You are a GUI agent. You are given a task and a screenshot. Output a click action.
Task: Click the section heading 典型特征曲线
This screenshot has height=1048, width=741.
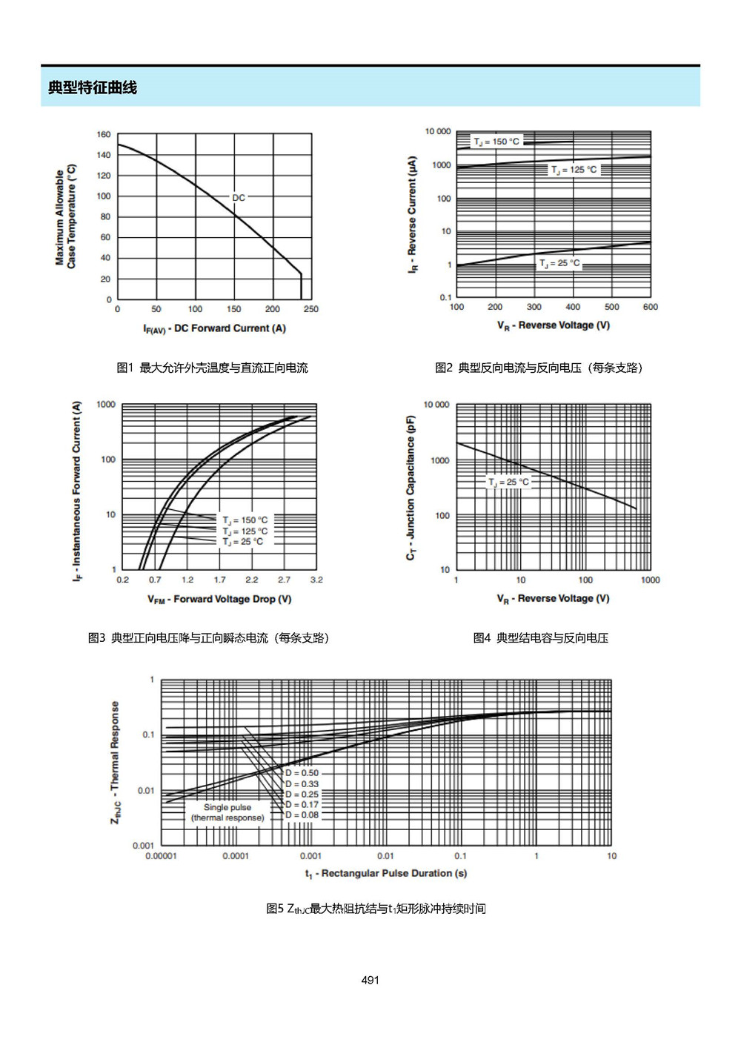point(92,87)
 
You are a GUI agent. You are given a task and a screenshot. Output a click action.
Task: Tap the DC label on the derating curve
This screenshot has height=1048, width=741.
point(239,198)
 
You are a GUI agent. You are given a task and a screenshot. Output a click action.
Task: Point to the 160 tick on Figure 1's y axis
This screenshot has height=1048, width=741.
point(104,135)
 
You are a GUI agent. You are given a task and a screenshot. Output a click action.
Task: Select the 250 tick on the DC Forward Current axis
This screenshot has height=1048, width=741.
point(311,309)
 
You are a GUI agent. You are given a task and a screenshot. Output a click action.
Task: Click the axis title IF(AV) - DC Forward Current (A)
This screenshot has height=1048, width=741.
point(214,329)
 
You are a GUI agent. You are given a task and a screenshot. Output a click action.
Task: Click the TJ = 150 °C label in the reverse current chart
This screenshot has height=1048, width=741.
point(496,142)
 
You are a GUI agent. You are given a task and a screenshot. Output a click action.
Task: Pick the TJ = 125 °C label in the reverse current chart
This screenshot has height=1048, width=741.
point(574,170)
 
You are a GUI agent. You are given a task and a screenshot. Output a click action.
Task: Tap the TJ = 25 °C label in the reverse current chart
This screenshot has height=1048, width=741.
point(559,263)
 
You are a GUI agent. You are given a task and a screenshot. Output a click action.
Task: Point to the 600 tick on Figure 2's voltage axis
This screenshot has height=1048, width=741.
point(651,307)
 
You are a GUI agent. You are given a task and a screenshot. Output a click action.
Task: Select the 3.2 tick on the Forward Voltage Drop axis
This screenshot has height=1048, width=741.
point(316,580)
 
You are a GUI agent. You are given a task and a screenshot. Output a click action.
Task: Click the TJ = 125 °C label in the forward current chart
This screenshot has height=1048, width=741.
point(245,531)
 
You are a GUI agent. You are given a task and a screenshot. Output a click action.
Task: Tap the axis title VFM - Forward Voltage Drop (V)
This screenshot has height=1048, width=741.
point(219,600)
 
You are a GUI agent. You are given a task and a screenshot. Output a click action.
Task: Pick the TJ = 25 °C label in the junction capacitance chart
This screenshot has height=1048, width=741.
point(508,482)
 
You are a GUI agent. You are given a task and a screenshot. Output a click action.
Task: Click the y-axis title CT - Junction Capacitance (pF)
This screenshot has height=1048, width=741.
point(411,488)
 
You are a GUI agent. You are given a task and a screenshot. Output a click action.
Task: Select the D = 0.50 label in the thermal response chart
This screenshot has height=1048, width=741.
point(302,773)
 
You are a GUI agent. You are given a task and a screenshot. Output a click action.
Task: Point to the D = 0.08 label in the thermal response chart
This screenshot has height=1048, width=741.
point(302,815)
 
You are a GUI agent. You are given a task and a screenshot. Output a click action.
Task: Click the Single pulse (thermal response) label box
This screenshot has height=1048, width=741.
point(227,812)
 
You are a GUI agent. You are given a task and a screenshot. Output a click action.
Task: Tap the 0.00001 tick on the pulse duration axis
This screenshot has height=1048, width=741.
point(161,856)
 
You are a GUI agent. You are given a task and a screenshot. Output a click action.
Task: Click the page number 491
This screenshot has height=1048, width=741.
point(370,980)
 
